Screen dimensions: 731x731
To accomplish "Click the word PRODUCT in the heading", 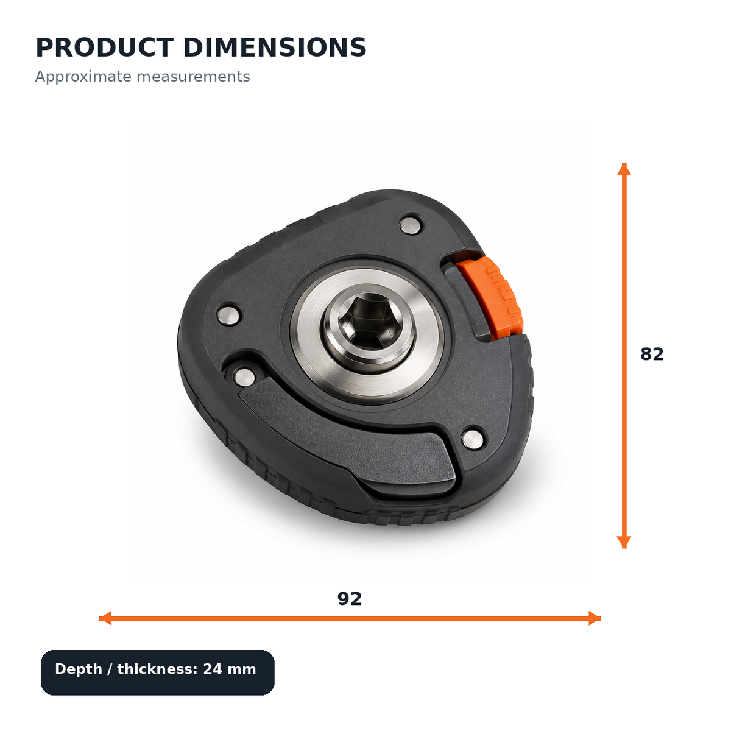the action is click(105, 48).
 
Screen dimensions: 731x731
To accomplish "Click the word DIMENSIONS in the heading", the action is click(275, 48).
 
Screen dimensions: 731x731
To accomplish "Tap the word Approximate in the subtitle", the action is click(83, 77).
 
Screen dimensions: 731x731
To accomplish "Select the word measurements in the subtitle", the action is click(193, 76).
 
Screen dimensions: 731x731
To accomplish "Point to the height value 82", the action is click(652, 354).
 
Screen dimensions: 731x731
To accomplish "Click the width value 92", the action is click(350, 599).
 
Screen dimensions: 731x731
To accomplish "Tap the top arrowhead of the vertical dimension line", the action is click(624, 169).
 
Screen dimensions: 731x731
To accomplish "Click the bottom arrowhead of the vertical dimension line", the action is click(624, 543).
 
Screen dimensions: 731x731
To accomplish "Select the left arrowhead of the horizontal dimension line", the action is click(105, 618).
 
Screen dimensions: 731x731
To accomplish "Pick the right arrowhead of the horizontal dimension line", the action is click(595, 618).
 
